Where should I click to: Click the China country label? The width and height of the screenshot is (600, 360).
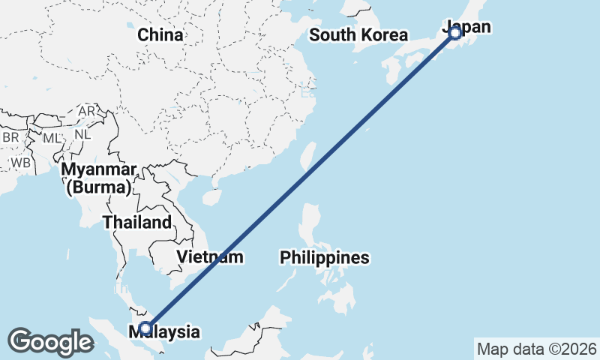(x=160, y=34)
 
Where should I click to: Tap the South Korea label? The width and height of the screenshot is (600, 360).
(x=358, y=34)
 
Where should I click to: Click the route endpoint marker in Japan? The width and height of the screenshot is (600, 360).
(x=454, y=32)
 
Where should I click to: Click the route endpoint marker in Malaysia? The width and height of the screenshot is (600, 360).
(x=145, y=328)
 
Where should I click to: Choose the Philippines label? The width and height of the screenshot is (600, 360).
(x=325, y=258)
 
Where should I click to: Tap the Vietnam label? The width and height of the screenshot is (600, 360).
(x=211, y=256)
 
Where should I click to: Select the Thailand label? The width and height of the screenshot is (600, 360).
(x=137, y=222)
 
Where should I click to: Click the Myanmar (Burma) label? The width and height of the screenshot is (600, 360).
(x=100, y=178)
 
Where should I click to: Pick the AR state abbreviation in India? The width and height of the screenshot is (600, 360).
(x=86, y=111)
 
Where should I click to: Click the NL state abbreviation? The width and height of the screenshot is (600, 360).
(x=82, y=135)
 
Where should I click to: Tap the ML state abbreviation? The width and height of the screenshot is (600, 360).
(x=51, y=138)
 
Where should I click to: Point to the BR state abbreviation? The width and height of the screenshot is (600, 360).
(x=10, y=138)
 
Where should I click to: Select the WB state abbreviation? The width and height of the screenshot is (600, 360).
(x=19, y=162)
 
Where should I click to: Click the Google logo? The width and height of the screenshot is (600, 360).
(x=51, y=342)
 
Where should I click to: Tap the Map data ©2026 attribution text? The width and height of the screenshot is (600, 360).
(x=536, y=349)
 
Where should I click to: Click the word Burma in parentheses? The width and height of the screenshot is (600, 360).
(x=100, y=187)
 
